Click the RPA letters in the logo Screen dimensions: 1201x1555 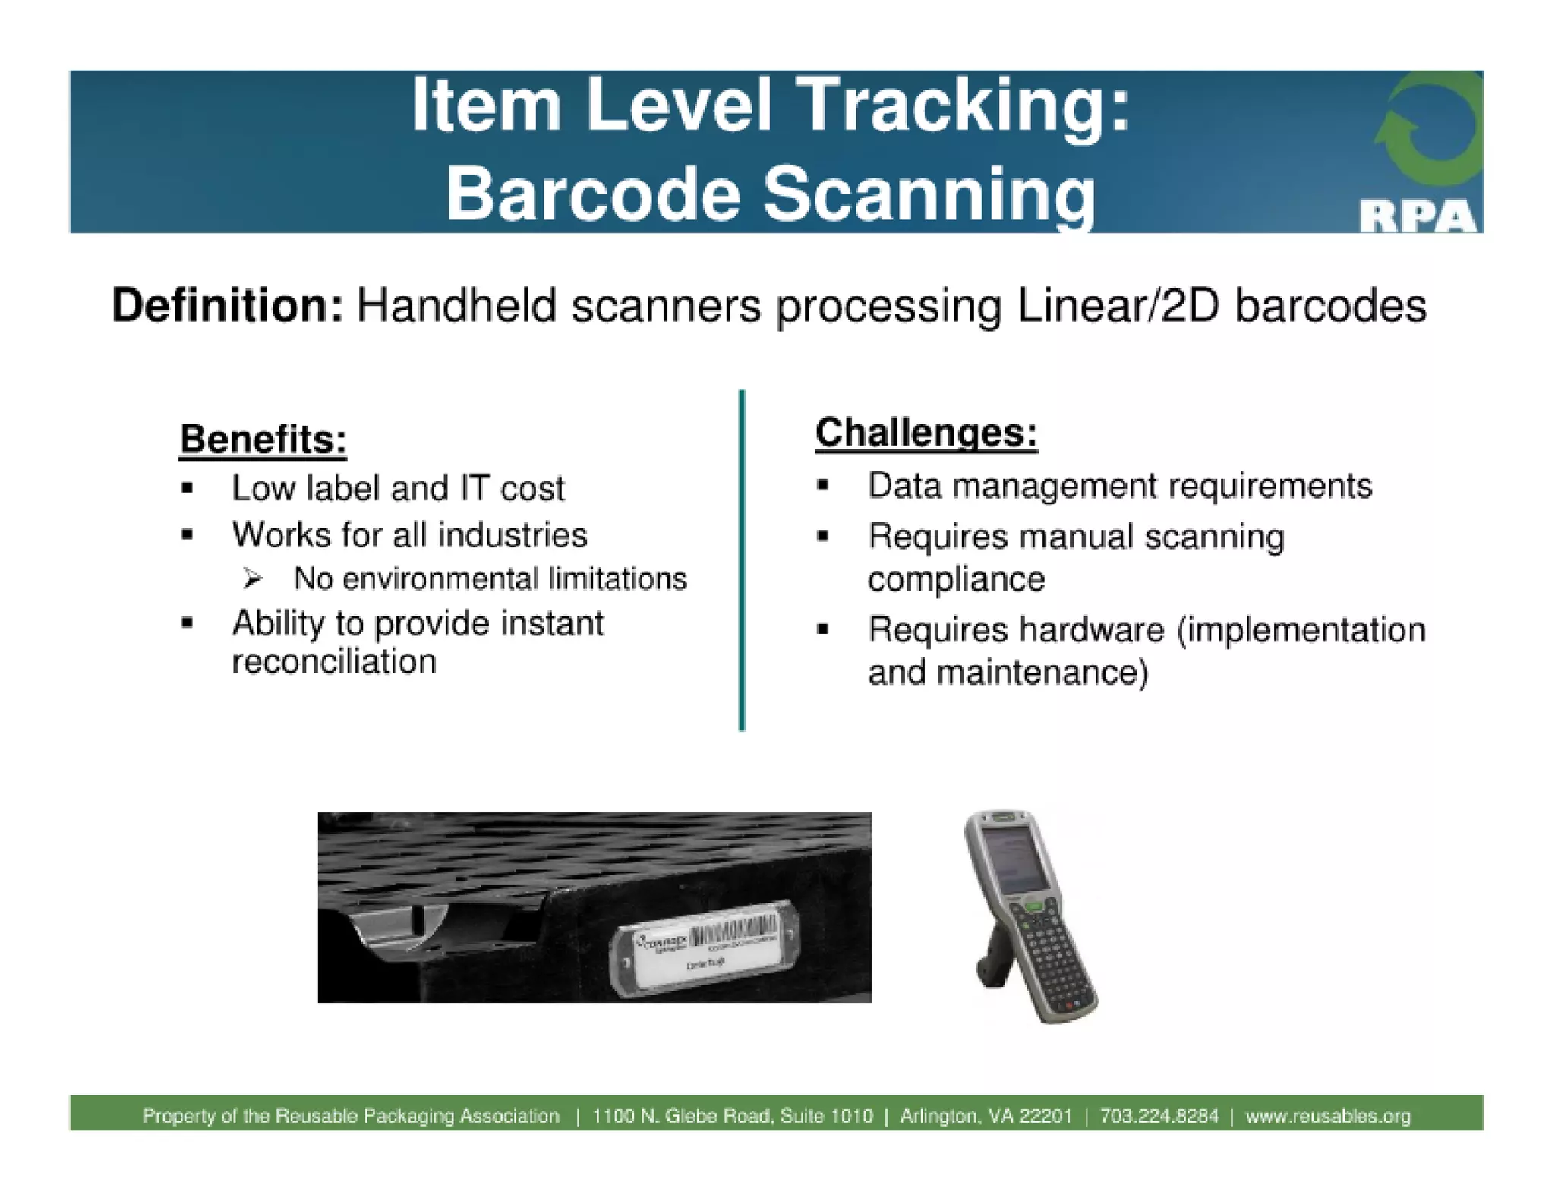pos(1417,217)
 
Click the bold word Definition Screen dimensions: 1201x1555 pos(228,306)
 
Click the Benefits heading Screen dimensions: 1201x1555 pos(263,440)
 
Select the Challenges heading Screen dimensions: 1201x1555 pos(926,433)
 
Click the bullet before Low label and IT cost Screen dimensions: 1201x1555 pos(188,488)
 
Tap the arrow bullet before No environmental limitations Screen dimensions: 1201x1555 pos(253,579)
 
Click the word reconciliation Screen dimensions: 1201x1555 pos(334,662)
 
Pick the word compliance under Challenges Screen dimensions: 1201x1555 pos(956,580)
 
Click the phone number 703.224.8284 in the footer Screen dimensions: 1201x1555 pos(1159,1116)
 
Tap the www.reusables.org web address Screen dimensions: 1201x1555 pos(1327,1116)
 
